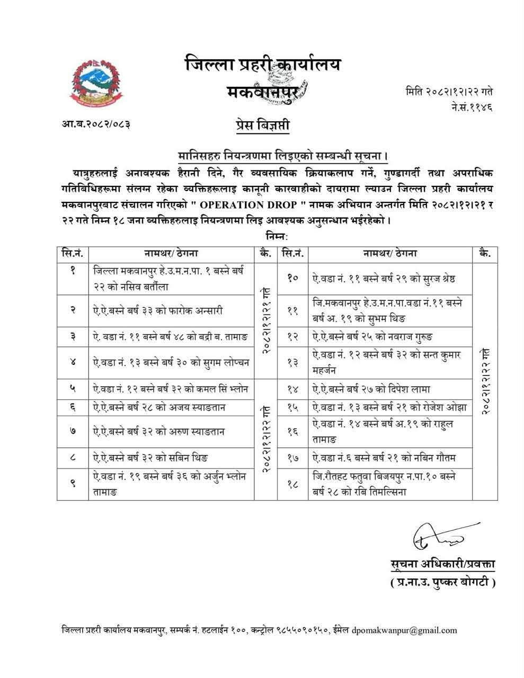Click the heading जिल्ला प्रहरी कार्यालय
(x=263, y=65)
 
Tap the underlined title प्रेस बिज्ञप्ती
(x=263, y=126)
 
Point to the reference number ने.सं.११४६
(x=470, y=108)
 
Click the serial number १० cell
(x=292, y=278)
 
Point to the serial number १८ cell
(x=292, y=484)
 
